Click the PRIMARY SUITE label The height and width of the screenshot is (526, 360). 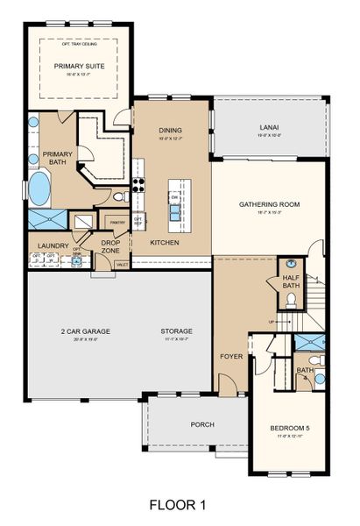[78, 66]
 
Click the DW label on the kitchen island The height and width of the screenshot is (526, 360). [175, 199]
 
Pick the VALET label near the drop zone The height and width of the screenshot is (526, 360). [122, 264]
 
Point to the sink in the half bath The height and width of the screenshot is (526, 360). [290, 266]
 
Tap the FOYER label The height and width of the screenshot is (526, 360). [229, 357]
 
